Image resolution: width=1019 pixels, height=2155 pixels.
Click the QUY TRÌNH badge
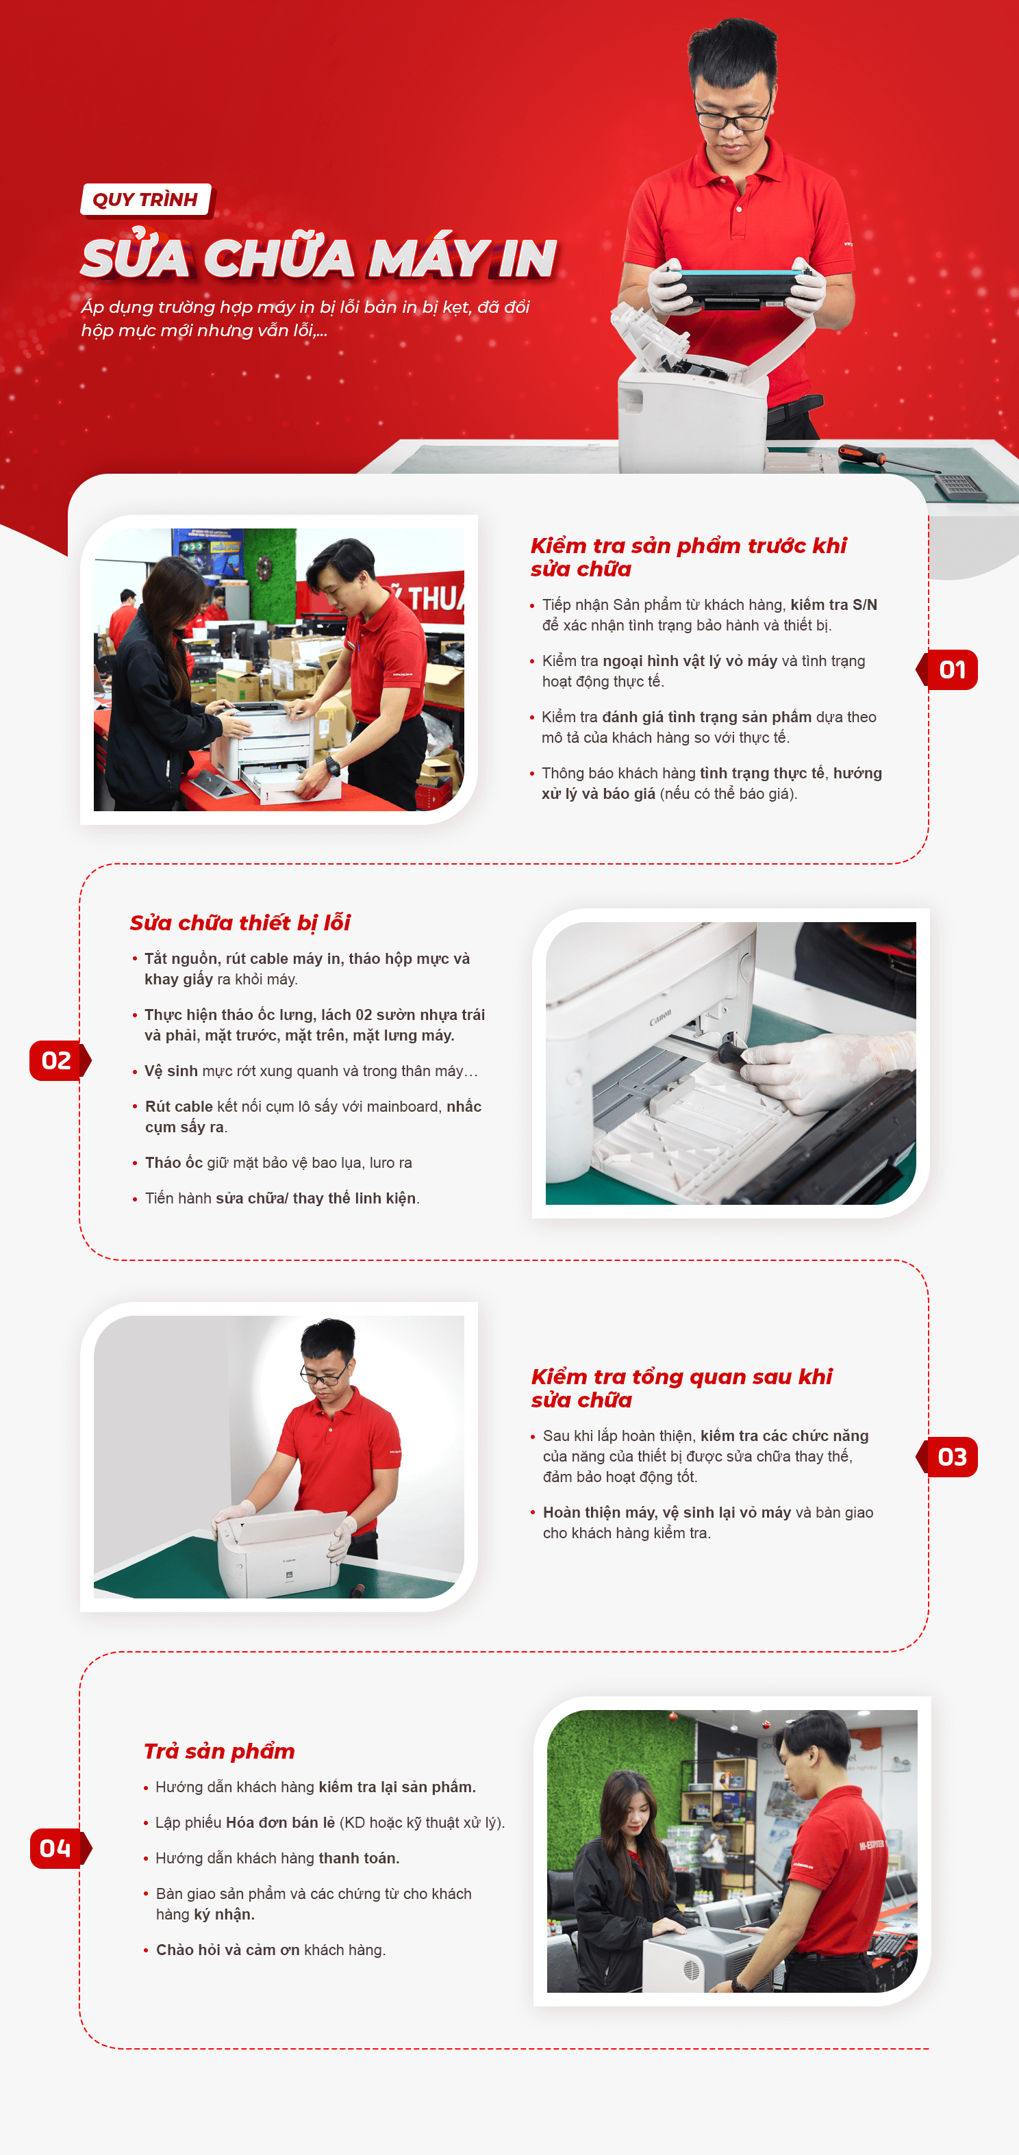[146, 200]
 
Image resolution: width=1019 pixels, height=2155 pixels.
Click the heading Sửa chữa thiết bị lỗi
[240, 923]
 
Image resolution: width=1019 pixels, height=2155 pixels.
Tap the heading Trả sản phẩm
[219, 1751]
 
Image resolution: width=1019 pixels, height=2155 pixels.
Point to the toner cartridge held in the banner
[736, 287]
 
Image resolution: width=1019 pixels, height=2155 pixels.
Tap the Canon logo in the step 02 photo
[660, 1017]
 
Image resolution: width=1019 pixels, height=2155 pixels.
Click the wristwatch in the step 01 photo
[333, 765]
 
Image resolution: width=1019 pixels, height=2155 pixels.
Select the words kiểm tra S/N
[834, 605]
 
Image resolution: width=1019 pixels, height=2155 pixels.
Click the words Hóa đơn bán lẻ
[280, 1822]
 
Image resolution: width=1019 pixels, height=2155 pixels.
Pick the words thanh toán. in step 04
[359, 1858]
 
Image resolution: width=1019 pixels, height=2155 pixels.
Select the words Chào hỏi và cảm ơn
[227, 1950]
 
